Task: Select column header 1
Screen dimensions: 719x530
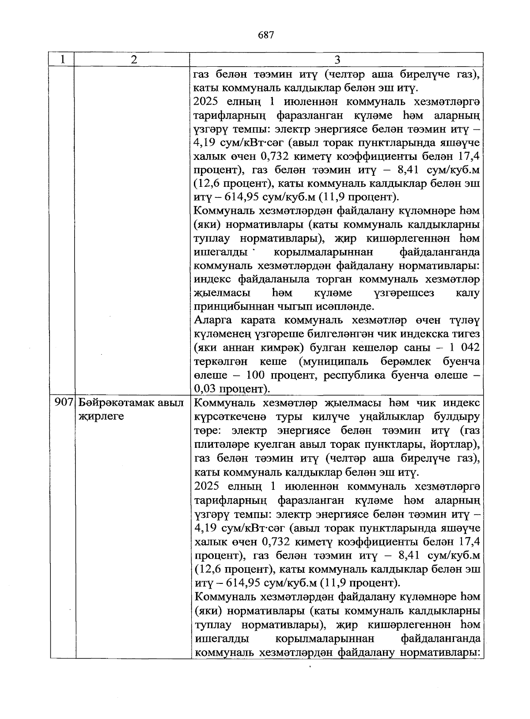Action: (63, 60)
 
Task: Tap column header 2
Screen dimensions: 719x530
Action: (134, 60)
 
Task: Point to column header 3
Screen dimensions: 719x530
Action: (337, 60)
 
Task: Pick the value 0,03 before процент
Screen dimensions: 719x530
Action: (205, 389)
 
